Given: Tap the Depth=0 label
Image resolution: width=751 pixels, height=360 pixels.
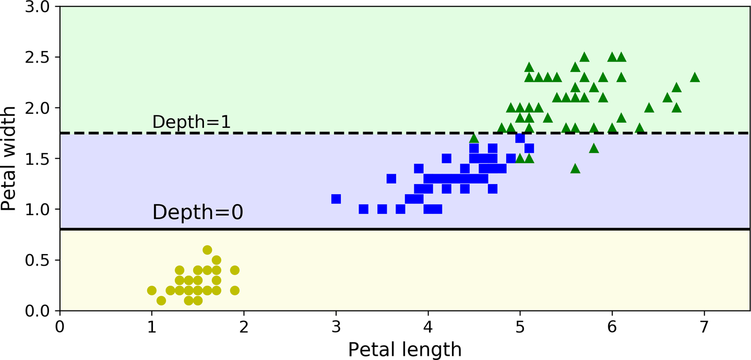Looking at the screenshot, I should point(197,212).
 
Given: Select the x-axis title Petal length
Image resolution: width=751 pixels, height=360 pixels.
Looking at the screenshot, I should point(404,349).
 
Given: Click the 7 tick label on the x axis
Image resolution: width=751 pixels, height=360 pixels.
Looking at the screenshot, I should point(704,325).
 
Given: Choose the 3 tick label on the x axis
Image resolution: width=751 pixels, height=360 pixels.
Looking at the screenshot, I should point(336,325).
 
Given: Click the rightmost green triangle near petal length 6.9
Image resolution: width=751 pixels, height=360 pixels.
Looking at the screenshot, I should point(695,77).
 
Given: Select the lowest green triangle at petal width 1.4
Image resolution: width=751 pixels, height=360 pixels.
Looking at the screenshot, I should point(575,168).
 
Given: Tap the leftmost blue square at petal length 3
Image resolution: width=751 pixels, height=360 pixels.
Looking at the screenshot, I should point(336,199).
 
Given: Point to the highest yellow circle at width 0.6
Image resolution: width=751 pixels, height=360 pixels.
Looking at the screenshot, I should point(207,250).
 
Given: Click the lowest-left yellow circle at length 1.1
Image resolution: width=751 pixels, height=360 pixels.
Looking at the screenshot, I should point(161,301).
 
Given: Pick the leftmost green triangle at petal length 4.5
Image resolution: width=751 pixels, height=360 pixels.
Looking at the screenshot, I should point(474,138).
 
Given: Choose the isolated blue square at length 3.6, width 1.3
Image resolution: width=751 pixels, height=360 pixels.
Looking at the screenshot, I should point(391,179).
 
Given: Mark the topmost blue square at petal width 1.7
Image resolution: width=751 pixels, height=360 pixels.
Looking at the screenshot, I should point(520,138).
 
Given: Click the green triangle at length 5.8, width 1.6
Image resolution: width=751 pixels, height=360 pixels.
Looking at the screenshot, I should point(593,148).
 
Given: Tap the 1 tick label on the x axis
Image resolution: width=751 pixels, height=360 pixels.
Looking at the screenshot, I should point(152,325).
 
